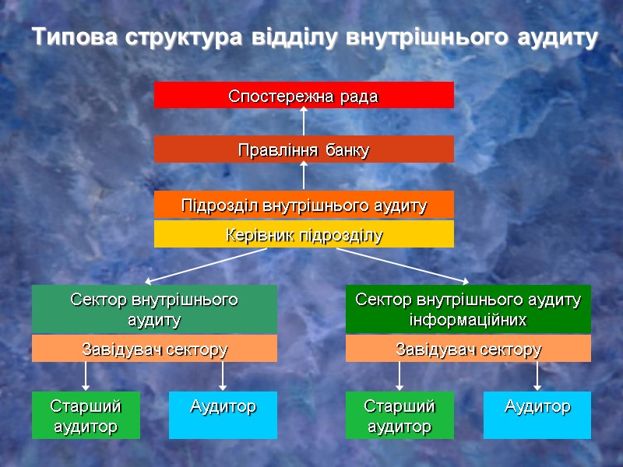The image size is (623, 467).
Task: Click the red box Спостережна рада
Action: [x=304, y=95]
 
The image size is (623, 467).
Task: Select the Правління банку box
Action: [x=304, y=149]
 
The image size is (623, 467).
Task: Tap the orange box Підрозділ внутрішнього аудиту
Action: [x=304, y=205]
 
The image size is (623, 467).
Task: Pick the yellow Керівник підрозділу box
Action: [x=304, y=234]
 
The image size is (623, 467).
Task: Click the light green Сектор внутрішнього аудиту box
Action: [x=154, y=309]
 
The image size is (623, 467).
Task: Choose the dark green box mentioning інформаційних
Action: [x=468, y=309]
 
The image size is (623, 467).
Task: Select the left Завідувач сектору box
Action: [x=154, y=349]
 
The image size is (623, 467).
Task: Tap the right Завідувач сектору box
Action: [x=468, y=349]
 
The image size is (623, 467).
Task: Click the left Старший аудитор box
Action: [x=86, y=416]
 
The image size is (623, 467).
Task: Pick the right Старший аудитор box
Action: [x=399, y=416]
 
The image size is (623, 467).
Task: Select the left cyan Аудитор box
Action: [x=223, y=416]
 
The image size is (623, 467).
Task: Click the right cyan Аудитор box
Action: [x=537, y=416]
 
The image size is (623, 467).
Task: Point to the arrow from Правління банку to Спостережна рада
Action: [x=304, y=121]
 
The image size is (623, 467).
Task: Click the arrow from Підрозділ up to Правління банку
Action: [x=304, y=176]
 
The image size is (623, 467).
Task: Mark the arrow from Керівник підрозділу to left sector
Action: [x=206, y=265]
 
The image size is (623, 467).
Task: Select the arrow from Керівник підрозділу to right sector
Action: [x=405, y=265]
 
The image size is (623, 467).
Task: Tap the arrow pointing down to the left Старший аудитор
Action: [x=86, y=376]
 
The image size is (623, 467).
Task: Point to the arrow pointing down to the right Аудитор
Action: [x=537, y=376]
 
